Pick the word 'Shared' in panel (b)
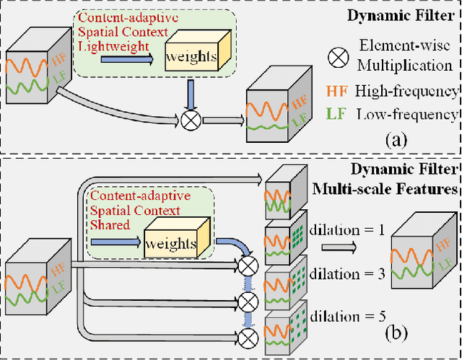tap(108, 224)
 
